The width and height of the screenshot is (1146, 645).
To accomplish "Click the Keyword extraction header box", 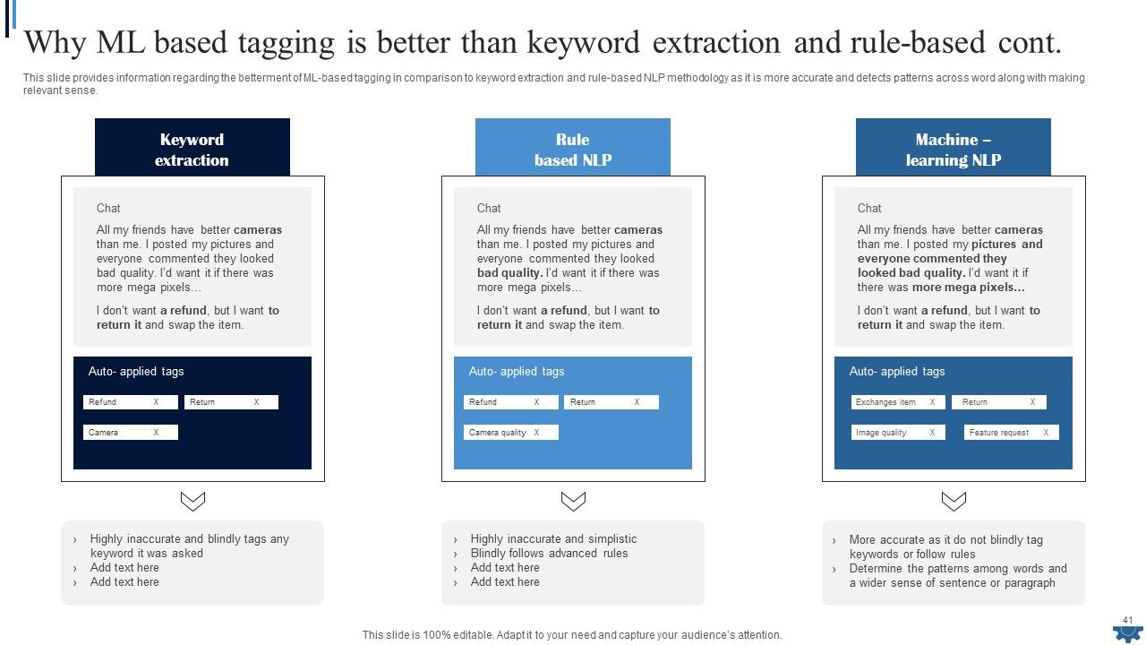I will click(x=192, y=148).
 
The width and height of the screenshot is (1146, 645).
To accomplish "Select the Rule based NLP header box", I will click(x=572, y=148).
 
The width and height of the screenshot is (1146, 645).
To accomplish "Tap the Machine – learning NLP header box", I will click(x=953, y=148).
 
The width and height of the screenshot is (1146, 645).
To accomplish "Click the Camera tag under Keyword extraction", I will click(x=131, y=433).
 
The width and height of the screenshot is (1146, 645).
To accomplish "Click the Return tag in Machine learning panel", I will click(x=998, y=402).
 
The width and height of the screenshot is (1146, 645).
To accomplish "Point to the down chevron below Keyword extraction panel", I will click(x=192, y=501).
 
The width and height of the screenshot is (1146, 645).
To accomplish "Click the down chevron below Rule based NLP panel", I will click(x=573, y=501).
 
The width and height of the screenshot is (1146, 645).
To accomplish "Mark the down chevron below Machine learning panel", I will click(x=954, y=501).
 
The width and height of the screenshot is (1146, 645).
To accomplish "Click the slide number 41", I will click(x=1127, y=619).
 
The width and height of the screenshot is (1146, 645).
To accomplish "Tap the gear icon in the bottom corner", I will click(x=1127, y=633).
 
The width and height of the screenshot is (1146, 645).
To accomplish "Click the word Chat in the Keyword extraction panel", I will click(x=108, y=208).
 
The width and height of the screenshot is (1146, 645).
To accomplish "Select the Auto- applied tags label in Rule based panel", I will click(x=517, y=372).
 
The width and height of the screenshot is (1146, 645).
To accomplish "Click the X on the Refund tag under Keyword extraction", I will click(x=156, y=402).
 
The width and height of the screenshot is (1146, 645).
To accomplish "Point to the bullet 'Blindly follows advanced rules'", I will click(x=549, y=554).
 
